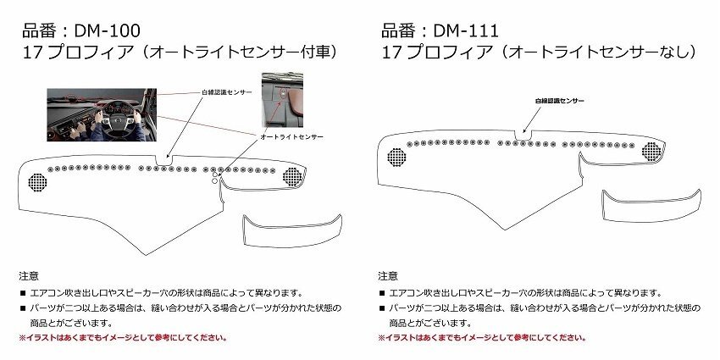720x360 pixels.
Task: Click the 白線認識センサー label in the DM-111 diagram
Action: (560, 101)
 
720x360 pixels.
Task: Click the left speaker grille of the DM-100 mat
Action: (38, 181)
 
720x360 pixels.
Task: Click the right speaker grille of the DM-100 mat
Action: (293, 176)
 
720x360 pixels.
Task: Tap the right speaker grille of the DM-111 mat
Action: (651, 151)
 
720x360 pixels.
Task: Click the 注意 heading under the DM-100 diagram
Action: (28, 276)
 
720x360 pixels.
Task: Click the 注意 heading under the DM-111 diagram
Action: (387, 276)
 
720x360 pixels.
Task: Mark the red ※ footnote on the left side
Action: (123, 337)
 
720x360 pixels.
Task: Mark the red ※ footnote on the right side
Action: (481, 337)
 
